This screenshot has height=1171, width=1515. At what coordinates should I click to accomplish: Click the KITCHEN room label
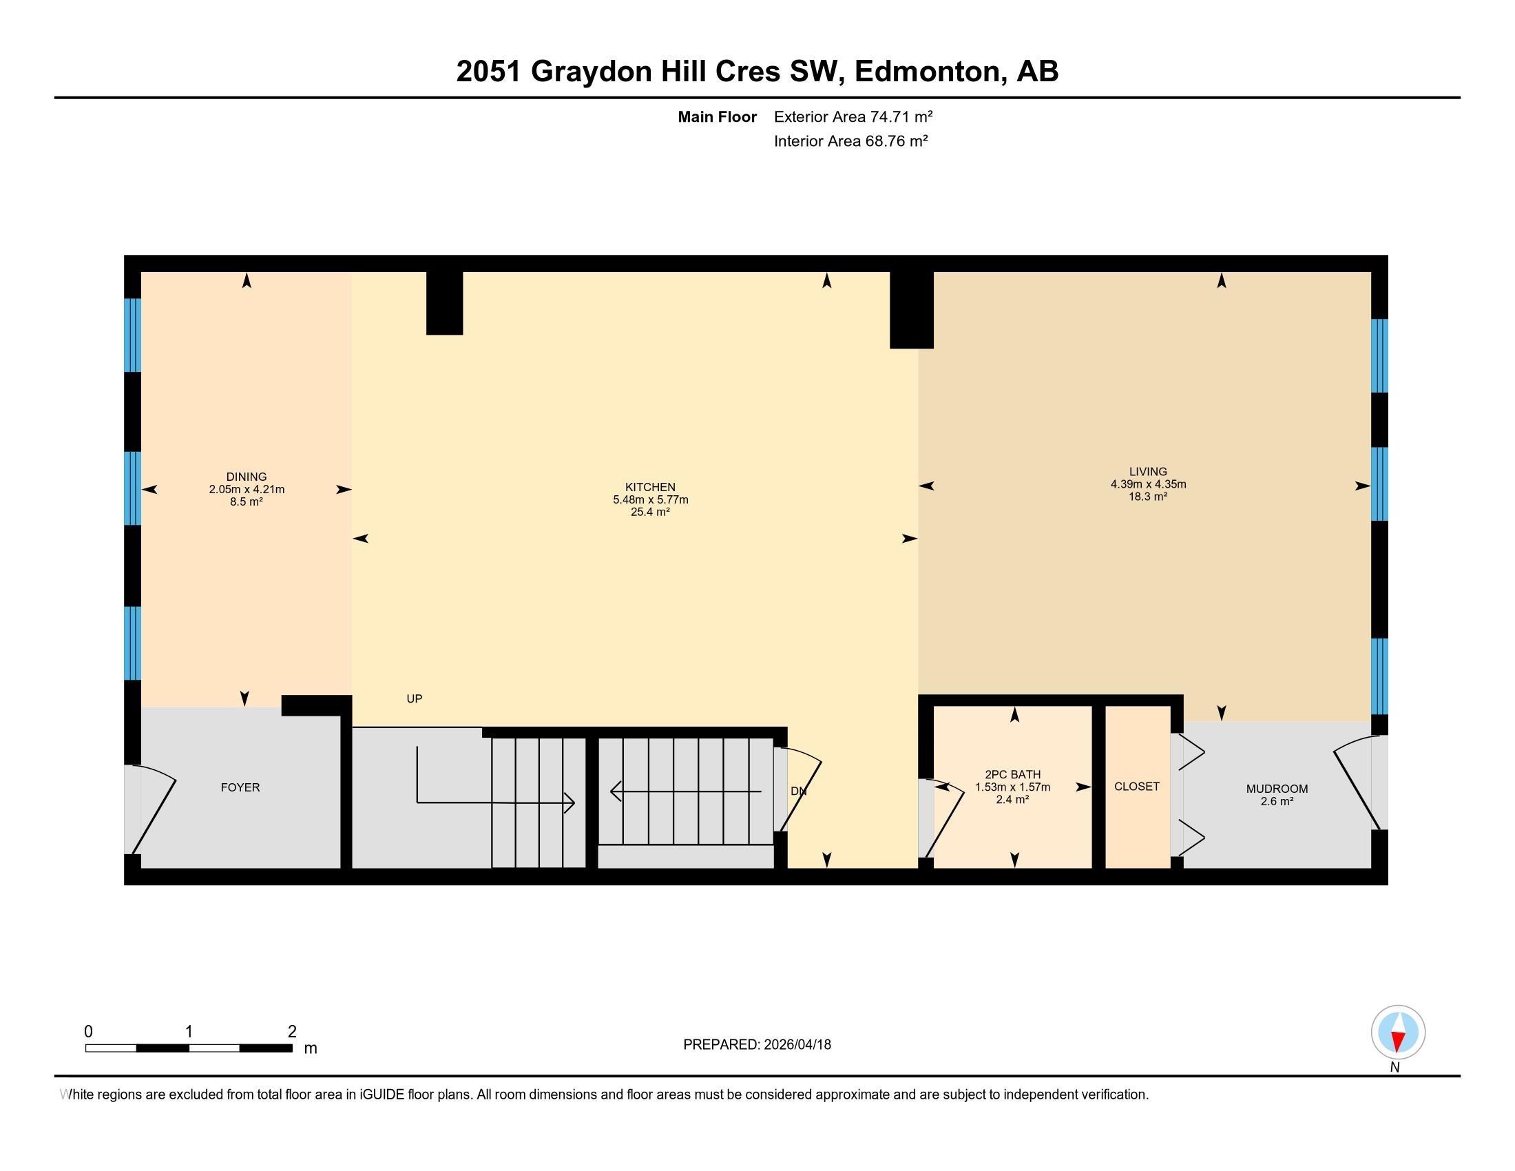click(650, 487)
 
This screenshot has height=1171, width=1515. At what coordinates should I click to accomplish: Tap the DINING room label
click(247, 477)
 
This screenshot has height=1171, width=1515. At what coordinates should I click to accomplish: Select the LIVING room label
click(1148, 471)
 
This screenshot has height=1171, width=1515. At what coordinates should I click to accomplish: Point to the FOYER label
click(240, 787)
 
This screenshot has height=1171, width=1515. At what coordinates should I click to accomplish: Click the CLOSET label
click(1136, 786)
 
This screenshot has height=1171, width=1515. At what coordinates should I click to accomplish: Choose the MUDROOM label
click(1276, 789)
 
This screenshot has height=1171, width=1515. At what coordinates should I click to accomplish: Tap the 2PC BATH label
click(1012, 775)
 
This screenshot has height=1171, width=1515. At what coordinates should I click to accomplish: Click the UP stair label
click(414, 698)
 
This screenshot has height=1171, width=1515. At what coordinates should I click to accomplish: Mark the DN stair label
click(798, 791)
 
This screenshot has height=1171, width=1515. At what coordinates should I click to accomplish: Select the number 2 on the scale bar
click(292, 1031)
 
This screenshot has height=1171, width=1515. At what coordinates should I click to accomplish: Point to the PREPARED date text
click(757, 1045)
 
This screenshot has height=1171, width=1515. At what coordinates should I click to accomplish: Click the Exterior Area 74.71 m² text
click(853, 116)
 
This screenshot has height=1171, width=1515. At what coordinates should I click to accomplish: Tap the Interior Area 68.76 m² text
click(850, 141)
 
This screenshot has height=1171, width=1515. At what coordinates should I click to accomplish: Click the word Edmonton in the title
click(930, 72)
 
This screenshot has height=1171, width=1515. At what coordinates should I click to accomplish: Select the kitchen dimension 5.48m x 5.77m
click(650, 499)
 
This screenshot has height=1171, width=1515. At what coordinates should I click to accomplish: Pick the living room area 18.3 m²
click(1148, 496)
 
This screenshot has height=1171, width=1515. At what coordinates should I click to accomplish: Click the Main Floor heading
click(717, 116)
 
